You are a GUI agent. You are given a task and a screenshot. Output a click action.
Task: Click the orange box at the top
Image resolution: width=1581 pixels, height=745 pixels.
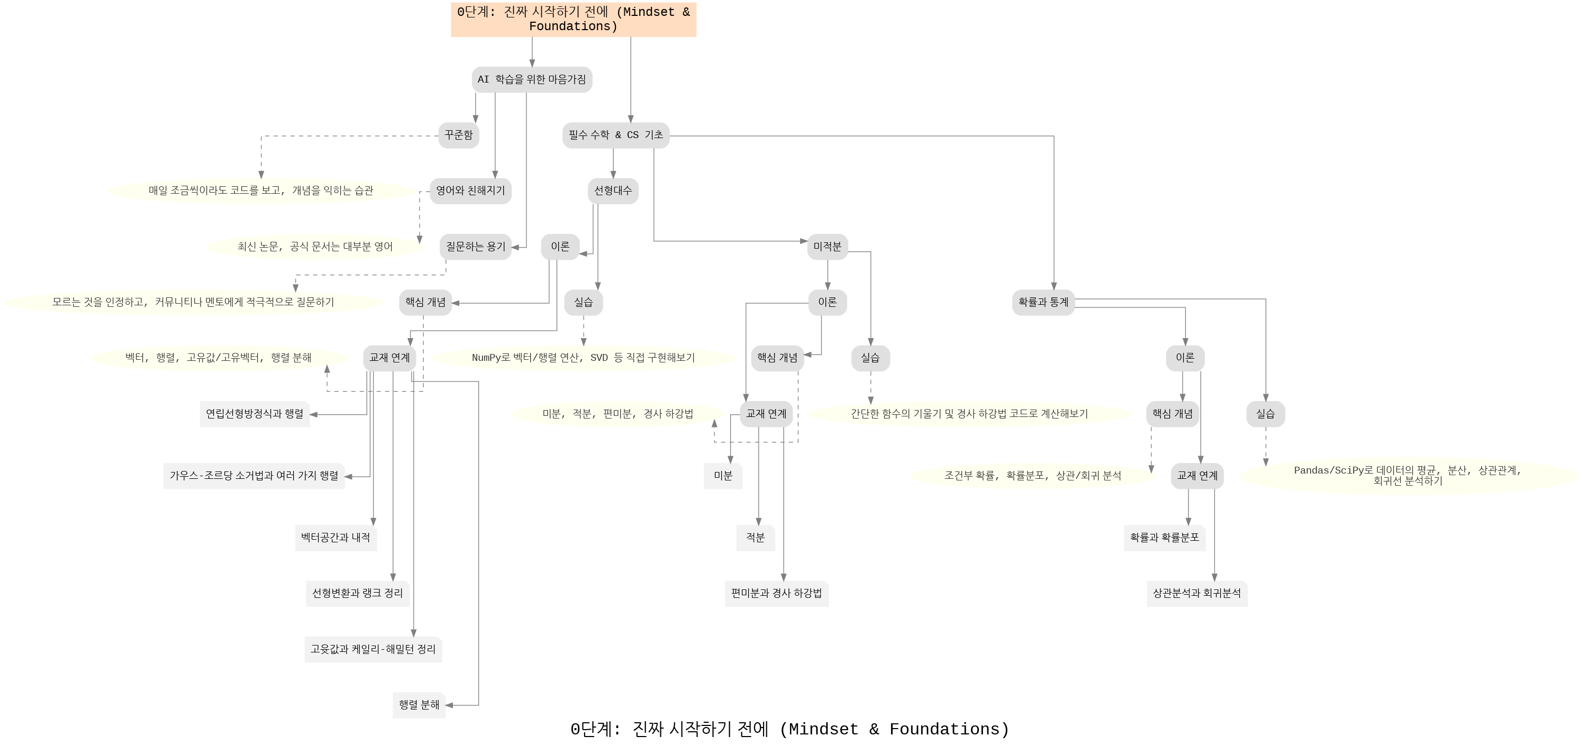(x=573, y=19)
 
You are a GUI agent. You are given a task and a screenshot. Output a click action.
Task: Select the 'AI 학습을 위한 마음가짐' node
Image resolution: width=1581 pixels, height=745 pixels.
(x=532, y=80)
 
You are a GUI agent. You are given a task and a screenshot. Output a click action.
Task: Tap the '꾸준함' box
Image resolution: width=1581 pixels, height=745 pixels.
(x=458, y=135)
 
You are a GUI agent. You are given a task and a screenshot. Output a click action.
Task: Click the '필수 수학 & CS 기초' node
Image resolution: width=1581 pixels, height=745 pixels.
(x=615, y=135)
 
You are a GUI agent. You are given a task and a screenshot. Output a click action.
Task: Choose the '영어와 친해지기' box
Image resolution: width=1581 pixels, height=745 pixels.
(x=470, y=191)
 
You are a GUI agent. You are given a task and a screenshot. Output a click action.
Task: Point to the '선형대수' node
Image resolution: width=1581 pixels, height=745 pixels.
(x=613, y=191)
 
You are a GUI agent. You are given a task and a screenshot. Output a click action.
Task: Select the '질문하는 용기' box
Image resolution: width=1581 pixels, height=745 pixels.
(x=476, y=247)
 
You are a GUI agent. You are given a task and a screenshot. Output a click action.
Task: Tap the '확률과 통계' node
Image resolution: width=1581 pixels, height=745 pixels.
(x=1043, y=302)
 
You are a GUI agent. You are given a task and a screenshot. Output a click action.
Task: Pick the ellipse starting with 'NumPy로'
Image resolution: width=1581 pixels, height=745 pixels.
(x=583, y=358)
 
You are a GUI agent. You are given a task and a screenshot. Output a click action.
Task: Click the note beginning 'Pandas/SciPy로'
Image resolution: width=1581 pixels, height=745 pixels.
(x=1407, y=476)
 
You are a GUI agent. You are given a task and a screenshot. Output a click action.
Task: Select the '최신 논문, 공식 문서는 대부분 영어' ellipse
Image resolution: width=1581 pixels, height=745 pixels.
(x=315, y=247)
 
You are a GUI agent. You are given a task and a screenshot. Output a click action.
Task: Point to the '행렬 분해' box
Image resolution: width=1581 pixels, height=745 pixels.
(x=419, y=705)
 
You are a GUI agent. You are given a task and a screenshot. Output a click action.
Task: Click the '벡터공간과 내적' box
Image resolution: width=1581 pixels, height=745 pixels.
(x=335, y=538)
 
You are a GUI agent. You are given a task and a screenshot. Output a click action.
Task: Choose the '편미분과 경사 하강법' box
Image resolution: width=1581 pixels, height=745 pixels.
(x=776, y=594)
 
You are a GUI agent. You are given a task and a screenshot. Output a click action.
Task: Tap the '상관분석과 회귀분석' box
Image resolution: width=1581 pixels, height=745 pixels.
(x=1197, y=594)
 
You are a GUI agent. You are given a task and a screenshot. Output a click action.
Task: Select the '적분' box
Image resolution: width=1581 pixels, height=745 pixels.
(x=756, y=538)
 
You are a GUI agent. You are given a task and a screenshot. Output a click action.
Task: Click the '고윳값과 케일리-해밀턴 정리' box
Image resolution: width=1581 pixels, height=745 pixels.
(x=373, y=649)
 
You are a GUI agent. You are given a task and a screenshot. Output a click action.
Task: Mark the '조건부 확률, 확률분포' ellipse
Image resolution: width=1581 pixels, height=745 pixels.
(x=1032, y=476)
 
